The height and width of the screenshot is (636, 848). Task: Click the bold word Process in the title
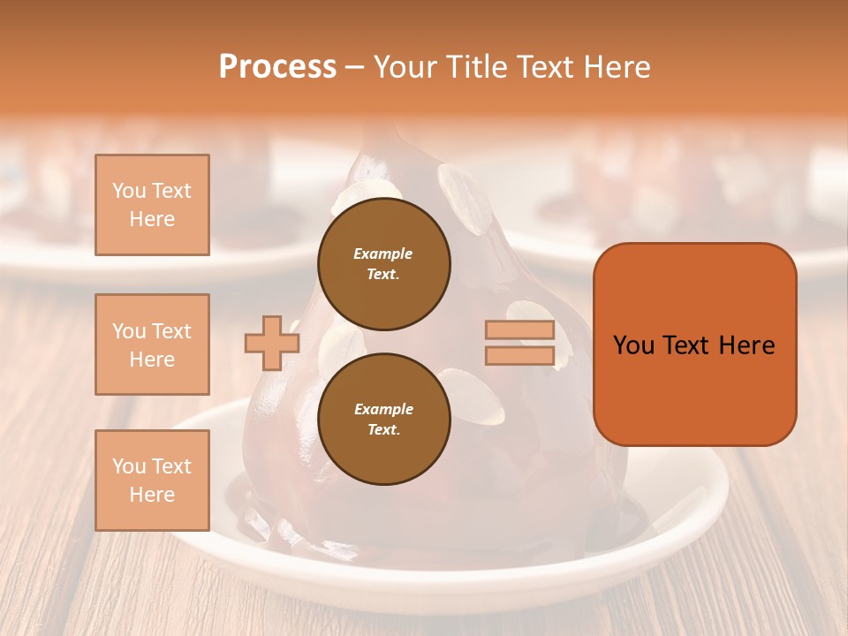pyautogui.click(x=277, y=67)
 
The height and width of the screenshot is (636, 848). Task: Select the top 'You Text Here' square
pyautogui.click(x=152, y=205)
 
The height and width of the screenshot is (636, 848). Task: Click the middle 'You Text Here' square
pyautogui.click(x=152, y=344)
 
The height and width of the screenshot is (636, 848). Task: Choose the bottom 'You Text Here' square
pyautogui.click(x=152, y=481)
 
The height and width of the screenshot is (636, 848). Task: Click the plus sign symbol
pyautogui.click(x=271, y=343)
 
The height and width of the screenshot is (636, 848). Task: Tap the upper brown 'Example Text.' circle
pyautogui.click(x=384, y=264)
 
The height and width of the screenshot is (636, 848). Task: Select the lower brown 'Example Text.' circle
pyautogui.click(x=384, y=420)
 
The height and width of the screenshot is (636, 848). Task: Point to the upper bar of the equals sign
pyautogui.click(x=519, y=330)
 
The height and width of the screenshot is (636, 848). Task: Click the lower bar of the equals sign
pyautogui.click(x=519, y=356)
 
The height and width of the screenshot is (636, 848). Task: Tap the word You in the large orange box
pyautogui.click(x=633, y=345)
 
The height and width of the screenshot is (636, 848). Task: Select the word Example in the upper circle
pyautogui.click(x=383, y=254)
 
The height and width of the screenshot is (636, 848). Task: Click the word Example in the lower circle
pyautogui.click(x=383, y=409)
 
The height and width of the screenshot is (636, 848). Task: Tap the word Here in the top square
pyautogui.click(x=152, y=219)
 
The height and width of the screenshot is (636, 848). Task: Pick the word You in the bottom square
pyautogui.click(x=128, y=466)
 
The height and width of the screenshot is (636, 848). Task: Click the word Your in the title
pyautogui.click(x=405, y=67)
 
